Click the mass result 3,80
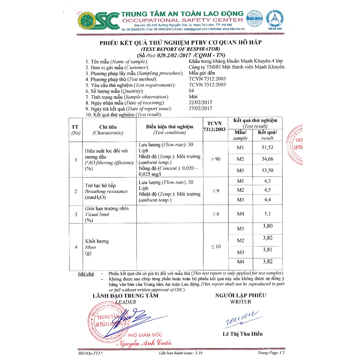pyautogui.click(x=268, y=226)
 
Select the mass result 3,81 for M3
pyautogui.click(x=268, y=250)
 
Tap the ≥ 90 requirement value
pyautogui.click(x=216, y=159)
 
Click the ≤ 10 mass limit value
pyautogui.click(x=216, y=246)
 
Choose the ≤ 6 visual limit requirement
pyautogui.click(x=216, y=214)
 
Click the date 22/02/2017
pyautogui.click(x=200, y=103)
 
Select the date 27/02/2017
pyautogui.click(x=200, y=109)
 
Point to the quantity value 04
pyautogui.click(x=192, y=91)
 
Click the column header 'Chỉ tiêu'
pyautogui.click(x=108, y=127)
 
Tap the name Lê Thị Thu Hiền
pyautogui.click(x=243, y=334)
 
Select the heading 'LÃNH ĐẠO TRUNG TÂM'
pyautogui.click(x=125, y=296)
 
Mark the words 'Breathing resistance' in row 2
pyautogui.click(x=106, y=192)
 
